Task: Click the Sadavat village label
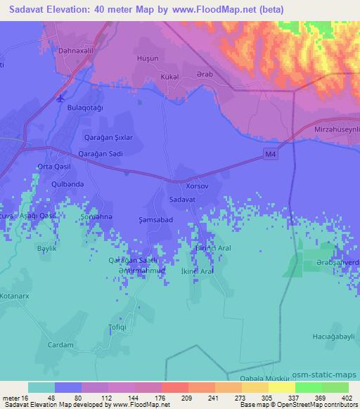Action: (183, 200)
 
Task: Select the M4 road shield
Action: (271, 155)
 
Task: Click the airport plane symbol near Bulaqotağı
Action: (61, 98)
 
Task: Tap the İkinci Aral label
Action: (196, 271)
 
